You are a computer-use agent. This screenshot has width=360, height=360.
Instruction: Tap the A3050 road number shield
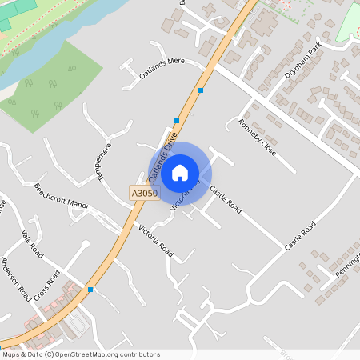(144, 194)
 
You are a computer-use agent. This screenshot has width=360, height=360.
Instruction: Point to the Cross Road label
(48, 287)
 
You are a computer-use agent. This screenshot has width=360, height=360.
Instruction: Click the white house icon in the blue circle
(180, 173)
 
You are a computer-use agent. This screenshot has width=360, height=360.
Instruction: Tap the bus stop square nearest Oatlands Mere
(201, 90)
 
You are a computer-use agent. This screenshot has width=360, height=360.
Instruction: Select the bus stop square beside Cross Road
(90, 289)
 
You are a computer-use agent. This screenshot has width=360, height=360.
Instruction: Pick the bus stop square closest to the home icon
(176, 121)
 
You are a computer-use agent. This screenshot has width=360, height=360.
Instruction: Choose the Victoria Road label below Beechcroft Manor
(155, 240)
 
